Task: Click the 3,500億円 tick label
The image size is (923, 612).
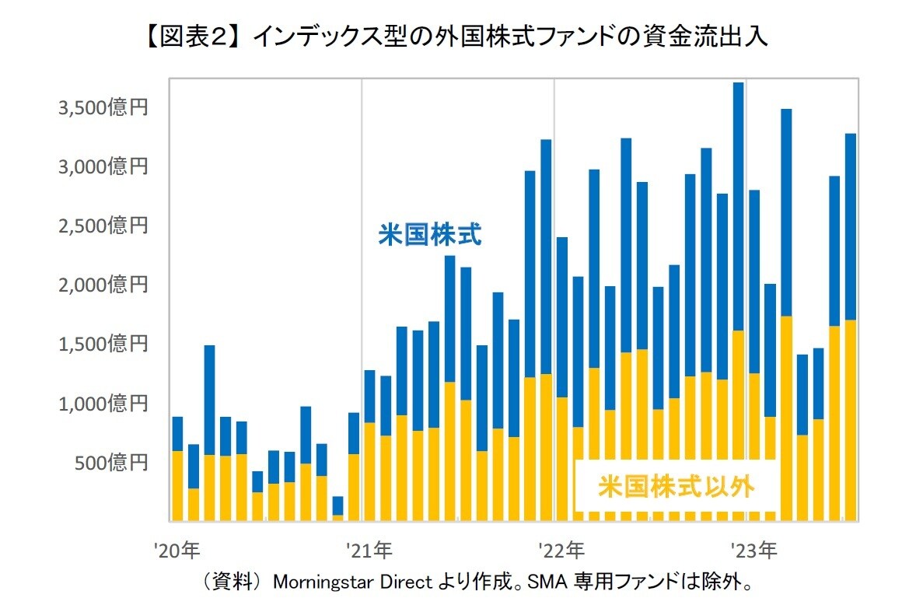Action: [x=103, y=107]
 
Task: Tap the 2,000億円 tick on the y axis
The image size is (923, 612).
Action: [x=103, y=285]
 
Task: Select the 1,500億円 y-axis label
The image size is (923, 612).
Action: [x=103, y=344]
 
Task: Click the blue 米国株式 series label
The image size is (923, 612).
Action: [x=429, y=235]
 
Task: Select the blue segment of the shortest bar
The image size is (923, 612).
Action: [x=337, y=505]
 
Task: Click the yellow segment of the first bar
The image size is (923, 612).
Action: [x=177, y=486]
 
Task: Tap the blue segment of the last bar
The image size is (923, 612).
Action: [x=850, y=226]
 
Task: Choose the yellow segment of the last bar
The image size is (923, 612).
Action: [x=850, y=420]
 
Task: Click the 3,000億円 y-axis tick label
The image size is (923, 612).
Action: [x=103, y=166]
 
